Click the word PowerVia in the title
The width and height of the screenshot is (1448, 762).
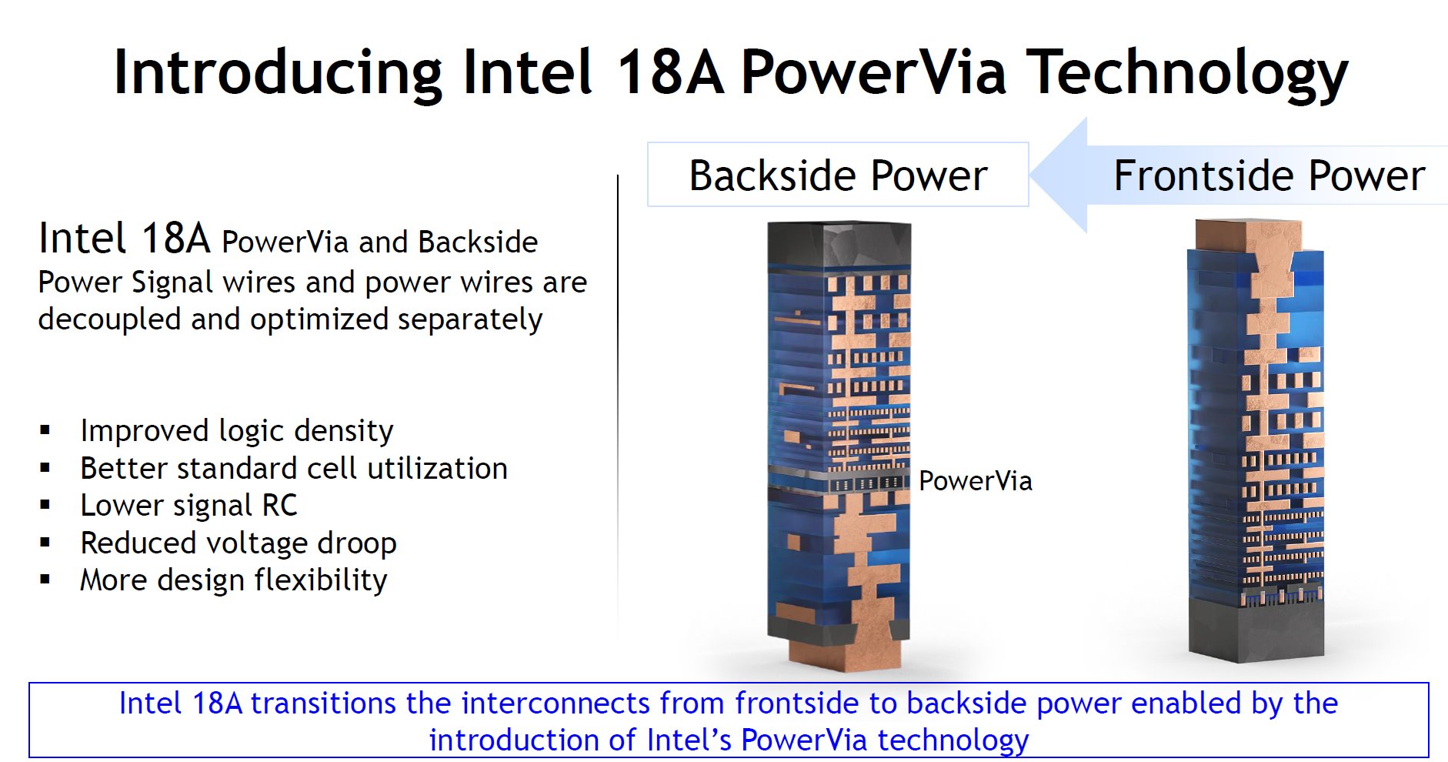tap(873, 72)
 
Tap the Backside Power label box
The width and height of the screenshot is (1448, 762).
tap(838, 175)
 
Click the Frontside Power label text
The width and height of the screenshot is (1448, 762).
tap(1269, 175)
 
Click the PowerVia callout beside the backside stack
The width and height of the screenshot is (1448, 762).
tap(975, 481)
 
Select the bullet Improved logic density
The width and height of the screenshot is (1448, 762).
tap(236, 430)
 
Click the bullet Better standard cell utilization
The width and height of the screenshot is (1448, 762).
tap(293, 468)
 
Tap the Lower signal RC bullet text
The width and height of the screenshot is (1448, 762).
tap(189, 506)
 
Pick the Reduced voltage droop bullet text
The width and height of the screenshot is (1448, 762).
tap(239, 543)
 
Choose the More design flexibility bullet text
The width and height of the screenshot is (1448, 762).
tap(233, 580)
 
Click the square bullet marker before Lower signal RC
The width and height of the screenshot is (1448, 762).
tap(45, 506)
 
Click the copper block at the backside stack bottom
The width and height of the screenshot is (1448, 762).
tap(845, 657)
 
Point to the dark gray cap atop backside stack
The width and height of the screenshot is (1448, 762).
tap(839, 244)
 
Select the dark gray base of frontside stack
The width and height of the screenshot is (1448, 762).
tap(1256, 631)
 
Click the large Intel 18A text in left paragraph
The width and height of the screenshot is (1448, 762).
tap(124, 238)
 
